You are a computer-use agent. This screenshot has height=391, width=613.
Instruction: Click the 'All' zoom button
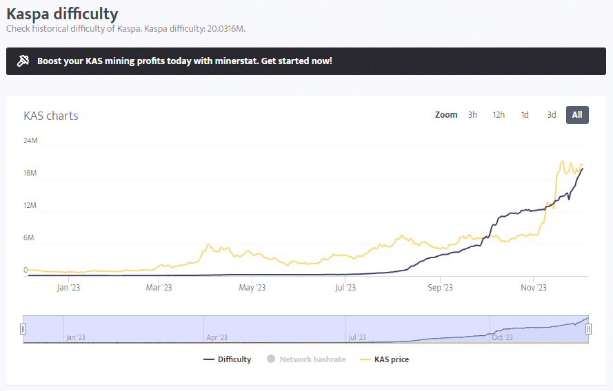coord(577,115)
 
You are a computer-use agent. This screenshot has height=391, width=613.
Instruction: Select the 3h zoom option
coord(472,115)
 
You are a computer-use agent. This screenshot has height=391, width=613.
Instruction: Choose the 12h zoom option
coord(499,115)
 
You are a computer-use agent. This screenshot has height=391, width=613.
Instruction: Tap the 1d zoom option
coord(525,115)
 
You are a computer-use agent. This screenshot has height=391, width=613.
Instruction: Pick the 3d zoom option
coord(552,115)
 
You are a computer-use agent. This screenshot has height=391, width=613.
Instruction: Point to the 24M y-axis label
coord(30,141)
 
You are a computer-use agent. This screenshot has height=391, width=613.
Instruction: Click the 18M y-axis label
coord(30,173)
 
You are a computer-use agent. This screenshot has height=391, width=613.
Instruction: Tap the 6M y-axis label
coord(29,238)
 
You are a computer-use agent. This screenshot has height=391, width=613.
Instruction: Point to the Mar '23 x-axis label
coord(158,288)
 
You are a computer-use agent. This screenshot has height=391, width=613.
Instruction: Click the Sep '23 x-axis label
coord(440,288)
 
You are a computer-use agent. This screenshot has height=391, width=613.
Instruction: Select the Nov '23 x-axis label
coord(533,288)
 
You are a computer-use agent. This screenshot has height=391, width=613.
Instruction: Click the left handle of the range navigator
coord(23,329)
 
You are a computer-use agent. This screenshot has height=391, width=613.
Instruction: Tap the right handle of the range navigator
coord(588,329)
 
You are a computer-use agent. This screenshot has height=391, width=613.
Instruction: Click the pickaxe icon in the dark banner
coord(23,61)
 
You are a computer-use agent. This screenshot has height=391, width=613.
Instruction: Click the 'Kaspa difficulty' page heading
coord(62,14)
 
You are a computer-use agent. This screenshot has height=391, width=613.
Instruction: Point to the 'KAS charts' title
coord(51,116)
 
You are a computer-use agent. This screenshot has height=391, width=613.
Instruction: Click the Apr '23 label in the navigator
coord(217,337)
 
